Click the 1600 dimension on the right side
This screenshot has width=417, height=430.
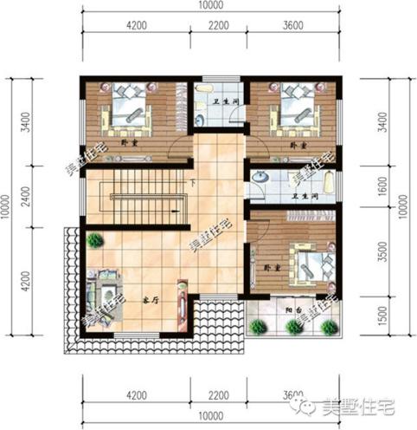pyautogui.click(x=382, y=184)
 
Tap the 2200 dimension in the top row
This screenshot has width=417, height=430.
pyautogui.click(x=219, y=26)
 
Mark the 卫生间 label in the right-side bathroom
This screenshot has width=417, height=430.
pyautogui.click(x=302, y=196)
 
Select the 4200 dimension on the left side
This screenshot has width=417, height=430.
pyautogui.click(x=27, y=282)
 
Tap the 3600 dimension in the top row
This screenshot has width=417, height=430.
pyautogui.click(x=294, y=26)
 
